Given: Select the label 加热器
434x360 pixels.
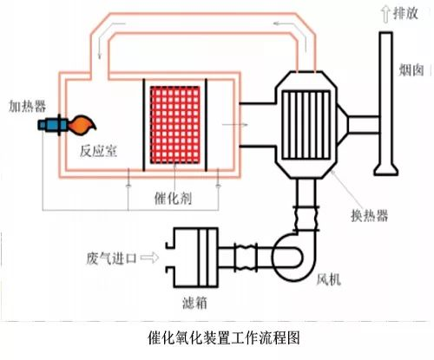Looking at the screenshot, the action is [x=27, y=106].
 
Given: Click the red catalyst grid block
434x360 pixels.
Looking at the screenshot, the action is [x=174, y=125].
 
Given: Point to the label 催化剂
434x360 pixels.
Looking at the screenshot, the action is [x=173, y=199].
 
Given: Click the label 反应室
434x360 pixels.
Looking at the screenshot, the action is [x=98, y=151].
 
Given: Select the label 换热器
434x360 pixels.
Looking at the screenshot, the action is [x=370, y=215].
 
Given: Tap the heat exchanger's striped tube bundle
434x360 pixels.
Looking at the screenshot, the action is [x=306, y=125].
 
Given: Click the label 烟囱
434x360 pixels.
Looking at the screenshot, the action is [x=411, y=69].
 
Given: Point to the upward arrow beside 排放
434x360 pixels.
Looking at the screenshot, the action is [x=385, y=15].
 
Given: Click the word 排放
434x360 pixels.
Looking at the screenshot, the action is [x=405, y=13].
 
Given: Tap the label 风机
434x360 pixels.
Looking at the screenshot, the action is [x=328, y=279].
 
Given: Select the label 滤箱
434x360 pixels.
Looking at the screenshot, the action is [x=194, y=303].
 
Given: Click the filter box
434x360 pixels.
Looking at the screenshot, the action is [x=192, y=258].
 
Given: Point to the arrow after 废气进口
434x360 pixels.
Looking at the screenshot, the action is [x=149, y=258].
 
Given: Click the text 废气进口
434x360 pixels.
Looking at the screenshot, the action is [x=111, y=258].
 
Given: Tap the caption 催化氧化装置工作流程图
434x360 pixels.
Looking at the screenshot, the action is [x=224, y=337].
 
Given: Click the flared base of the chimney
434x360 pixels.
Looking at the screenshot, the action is [x=386, y=170].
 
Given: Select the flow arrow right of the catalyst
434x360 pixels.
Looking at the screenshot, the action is [x=235, y=125].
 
